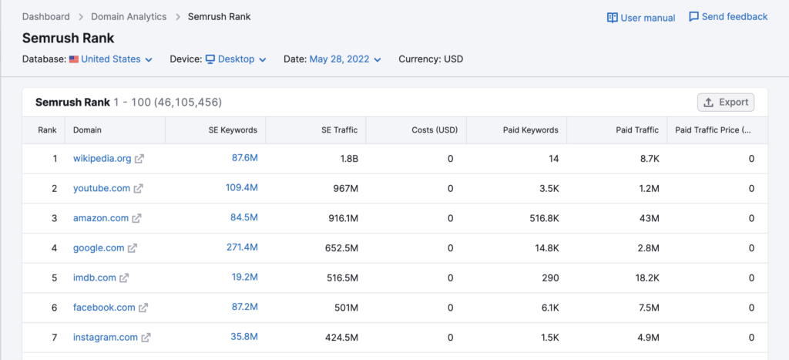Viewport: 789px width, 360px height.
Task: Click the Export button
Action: [x=725, y=102]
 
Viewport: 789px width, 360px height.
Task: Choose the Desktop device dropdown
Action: [x=236, y=59]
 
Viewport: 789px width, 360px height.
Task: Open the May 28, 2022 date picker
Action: [x=344, y=59]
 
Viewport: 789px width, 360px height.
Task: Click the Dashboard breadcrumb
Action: [x=45, y=17]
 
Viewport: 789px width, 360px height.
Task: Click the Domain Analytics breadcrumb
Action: [x=129, y=17]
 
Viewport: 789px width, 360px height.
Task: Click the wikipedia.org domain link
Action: [x=102, y=159]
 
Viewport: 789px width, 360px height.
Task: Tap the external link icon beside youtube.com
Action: [x=138, y=188]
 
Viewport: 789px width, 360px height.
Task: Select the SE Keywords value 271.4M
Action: [x=244, y=247]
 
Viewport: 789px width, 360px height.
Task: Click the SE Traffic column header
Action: [x=339, y=130]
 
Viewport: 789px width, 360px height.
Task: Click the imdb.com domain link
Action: [x=94, y=278]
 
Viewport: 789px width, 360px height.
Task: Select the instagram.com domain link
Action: [x=105, y=337]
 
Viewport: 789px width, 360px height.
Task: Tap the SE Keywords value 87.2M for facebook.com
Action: [x=244, y=307]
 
